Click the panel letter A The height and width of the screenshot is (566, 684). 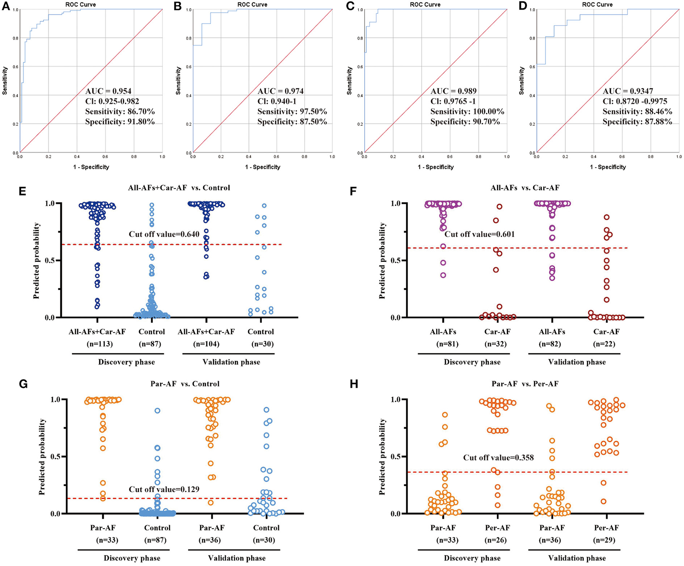point(6,6)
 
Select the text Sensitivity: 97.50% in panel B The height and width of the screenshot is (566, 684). point(292,112)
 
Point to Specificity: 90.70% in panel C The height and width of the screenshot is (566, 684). point(465,122)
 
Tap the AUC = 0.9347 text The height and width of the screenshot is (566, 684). point(628,92)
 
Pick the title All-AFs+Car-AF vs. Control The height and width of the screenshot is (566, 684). point(179,188)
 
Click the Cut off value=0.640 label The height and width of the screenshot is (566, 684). point(164,234)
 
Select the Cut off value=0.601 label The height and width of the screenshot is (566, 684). point(479,234)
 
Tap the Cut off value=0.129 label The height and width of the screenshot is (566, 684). point(164,490)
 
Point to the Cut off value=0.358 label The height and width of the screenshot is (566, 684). point(498,458)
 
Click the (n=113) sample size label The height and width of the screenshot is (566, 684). point(97,344)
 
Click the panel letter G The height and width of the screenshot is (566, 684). point(23,385)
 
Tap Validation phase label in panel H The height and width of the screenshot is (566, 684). point(577,558)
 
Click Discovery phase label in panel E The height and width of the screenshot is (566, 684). point(126,362)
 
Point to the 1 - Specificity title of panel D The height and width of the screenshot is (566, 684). point(608,167)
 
